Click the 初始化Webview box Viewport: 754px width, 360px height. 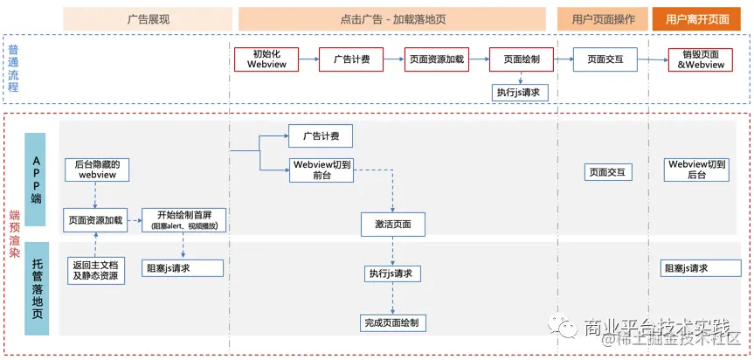266,59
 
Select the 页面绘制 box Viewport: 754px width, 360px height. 521,59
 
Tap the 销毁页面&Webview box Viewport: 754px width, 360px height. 701,59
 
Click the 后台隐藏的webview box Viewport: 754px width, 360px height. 97,170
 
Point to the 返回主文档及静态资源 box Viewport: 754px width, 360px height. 97,269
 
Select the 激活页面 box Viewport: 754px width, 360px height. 392,225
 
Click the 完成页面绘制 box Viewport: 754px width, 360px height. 391,323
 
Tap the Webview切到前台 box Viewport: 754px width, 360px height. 321,170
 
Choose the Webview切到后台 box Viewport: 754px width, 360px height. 696,170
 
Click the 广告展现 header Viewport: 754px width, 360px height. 148,18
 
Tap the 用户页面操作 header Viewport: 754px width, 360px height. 602,18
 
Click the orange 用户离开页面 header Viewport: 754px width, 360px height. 701,18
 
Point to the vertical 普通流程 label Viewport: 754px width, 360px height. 13,69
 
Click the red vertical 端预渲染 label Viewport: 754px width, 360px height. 13,232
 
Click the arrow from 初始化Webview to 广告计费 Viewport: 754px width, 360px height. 308,59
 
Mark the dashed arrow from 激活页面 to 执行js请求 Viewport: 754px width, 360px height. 392,251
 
